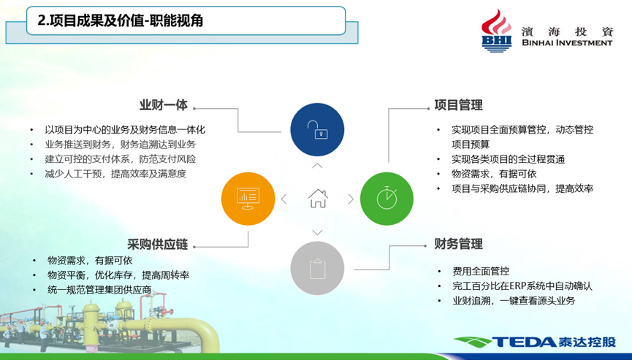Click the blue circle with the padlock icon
coord(317,130)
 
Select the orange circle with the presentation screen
coord(248,199)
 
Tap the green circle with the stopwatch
coord(387,199)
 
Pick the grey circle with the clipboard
coord(317,268)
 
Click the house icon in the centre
coord(318,198)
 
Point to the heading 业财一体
coord(164,105)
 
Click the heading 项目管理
coord(458,105)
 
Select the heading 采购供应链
coord(158,245)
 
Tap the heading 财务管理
coord(458,244)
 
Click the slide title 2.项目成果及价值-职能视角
coord(120,20)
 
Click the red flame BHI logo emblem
coord(497,31)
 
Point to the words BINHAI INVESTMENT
coord(567,42)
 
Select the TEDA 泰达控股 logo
coord(536,342)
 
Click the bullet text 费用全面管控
coord(481,272)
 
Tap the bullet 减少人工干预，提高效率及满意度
coord(115,174)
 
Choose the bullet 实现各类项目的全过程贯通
coord(508,159)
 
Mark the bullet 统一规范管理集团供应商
coord(99,290)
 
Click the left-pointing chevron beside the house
coord(283,199)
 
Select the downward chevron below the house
coord(317,232)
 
